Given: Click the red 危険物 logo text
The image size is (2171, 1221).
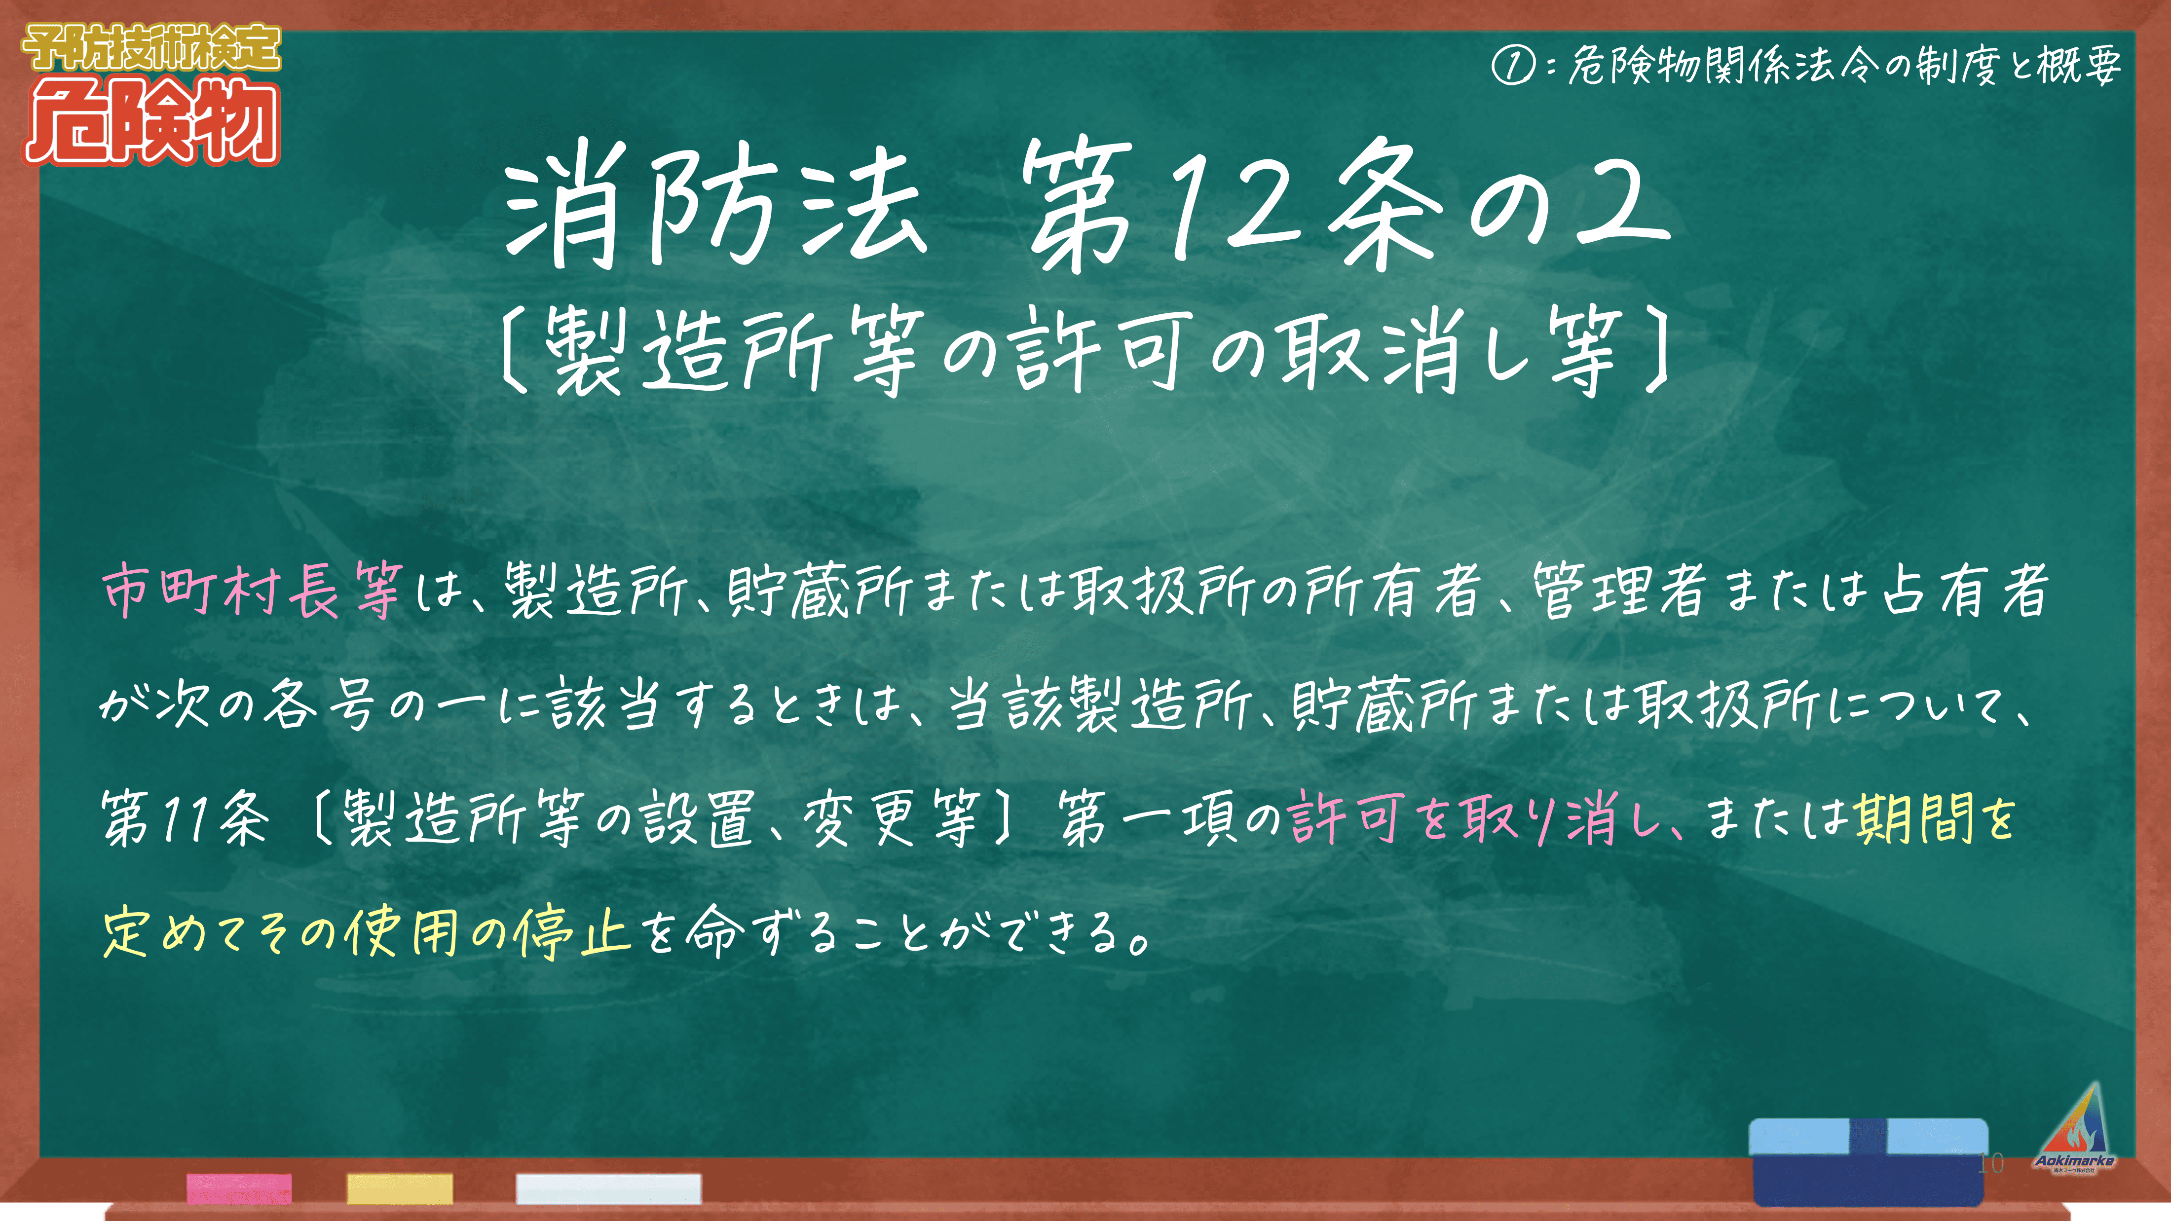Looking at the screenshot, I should (151, 122).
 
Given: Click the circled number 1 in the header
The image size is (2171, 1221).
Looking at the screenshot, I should (1513, 66).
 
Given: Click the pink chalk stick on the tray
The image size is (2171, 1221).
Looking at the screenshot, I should (239, 1188).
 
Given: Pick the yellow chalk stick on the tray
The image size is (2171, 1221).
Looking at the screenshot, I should (400, 1188).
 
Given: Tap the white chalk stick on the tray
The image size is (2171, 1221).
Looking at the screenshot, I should (608, 1188).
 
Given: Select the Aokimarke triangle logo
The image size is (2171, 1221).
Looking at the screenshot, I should (2075, 1129).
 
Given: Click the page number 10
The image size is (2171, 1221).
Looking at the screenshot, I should (1990, 1164).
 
